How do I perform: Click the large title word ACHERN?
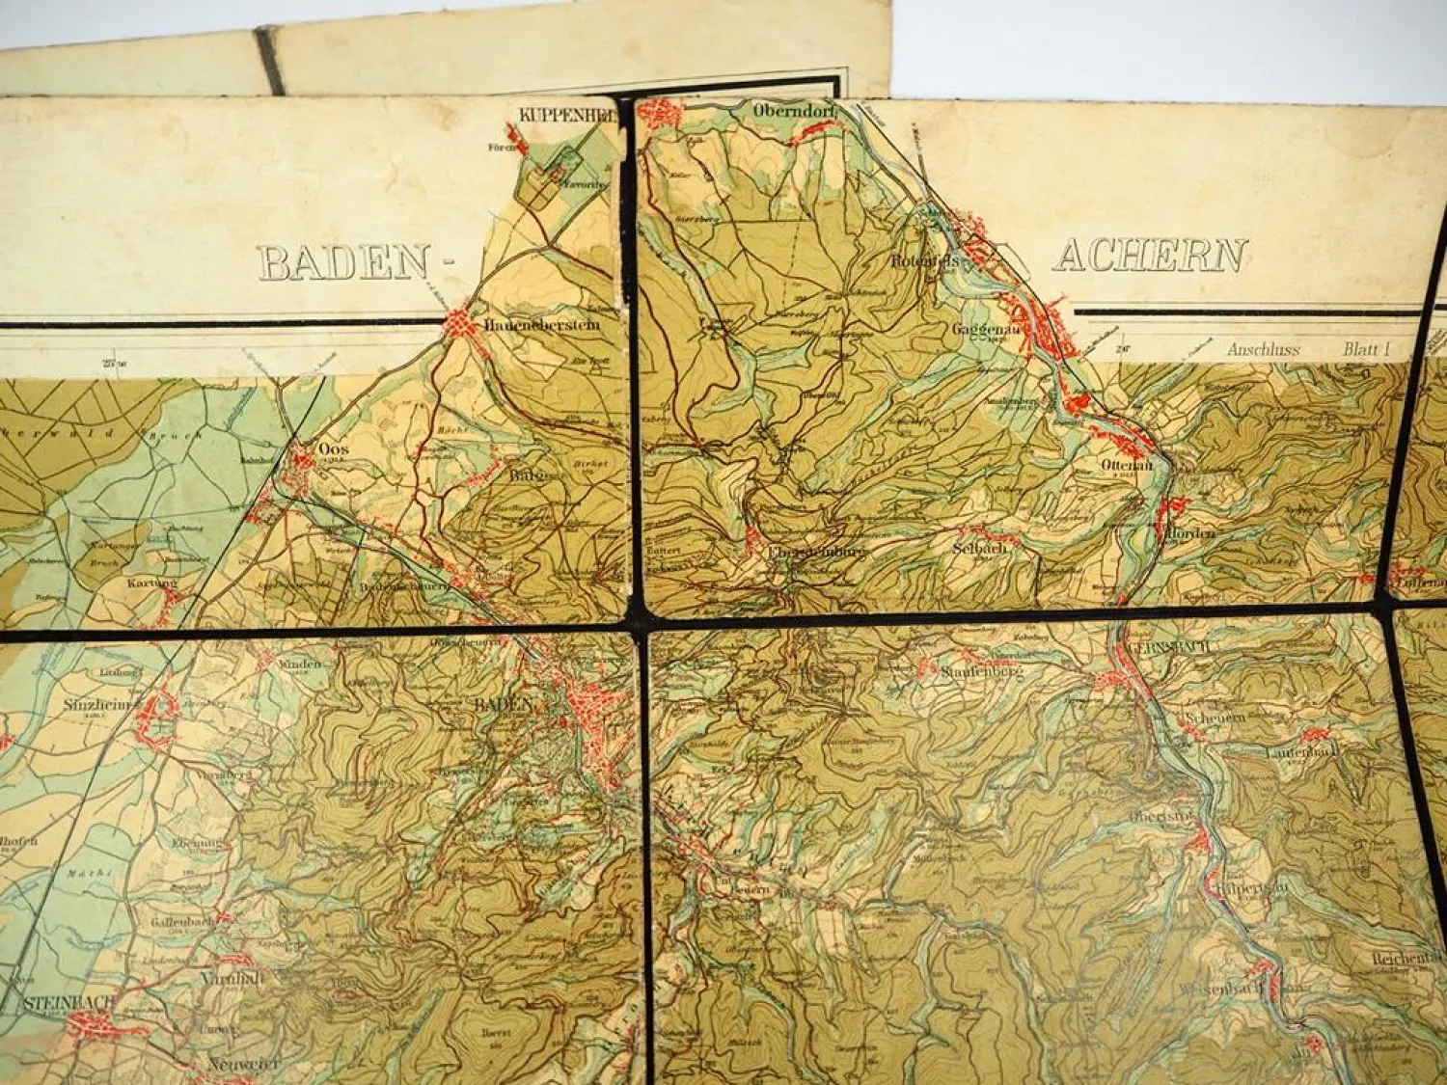tap(1150, 256)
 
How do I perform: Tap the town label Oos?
tap(333, 448)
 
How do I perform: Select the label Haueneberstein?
tap(543, 325)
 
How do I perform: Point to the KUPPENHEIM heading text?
tap(564, 113)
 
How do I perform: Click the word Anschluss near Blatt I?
tap(1263, 350)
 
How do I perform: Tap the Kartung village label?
tap(151, 583)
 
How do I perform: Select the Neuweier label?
tap(243, 1064)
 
